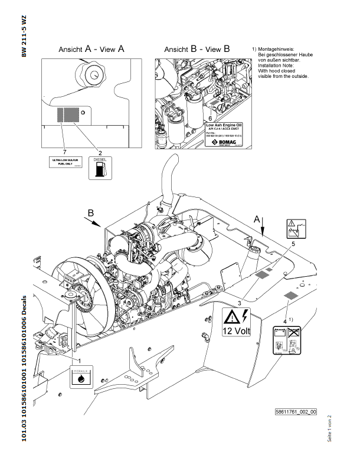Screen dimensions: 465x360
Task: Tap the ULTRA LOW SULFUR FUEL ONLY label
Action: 65,163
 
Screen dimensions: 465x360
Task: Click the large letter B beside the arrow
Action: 90,212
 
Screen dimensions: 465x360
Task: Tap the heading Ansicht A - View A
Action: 91,50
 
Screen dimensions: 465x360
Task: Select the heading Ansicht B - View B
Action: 197,50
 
